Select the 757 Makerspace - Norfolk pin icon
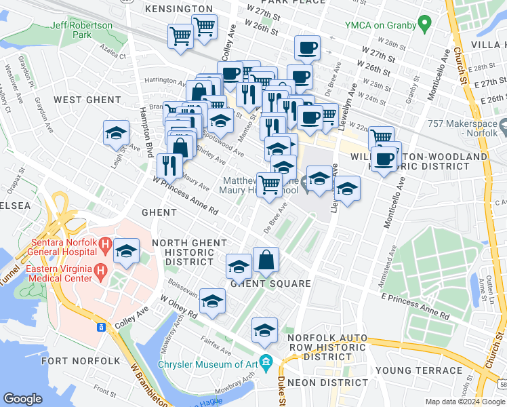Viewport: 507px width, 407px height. tap(504, 127)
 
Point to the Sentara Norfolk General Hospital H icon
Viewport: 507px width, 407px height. tap(105, 243)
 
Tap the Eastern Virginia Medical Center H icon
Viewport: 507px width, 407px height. tap(100, 272)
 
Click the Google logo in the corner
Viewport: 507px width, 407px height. tap(23, 399)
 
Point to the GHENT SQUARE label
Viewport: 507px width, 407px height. tap(270, 284)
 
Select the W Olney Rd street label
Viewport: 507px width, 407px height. tap(178, 307)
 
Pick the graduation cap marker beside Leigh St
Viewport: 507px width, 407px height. tap(116, 132)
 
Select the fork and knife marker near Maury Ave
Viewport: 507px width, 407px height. tap(169, 165)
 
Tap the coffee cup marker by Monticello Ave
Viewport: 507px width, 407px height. tap(384, 159)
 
